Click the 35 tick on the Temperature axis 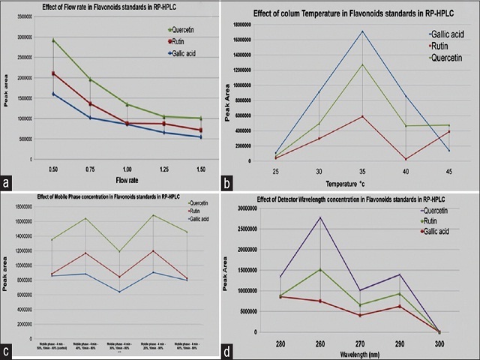pyautogui.click(x=362, y=170)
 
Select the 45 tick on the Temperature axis pyautogui.click(x=448, y=170)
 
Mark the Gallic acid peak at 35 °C pyautogui.click(x=362, y=31)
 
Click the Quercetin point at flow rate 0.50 pyautogui.click(x=53, y=40)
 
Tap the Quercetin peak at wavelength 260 pyautogui.click(x=321, y=217)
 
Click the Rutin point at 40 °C pyautogui.click(x=406, y=159)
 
